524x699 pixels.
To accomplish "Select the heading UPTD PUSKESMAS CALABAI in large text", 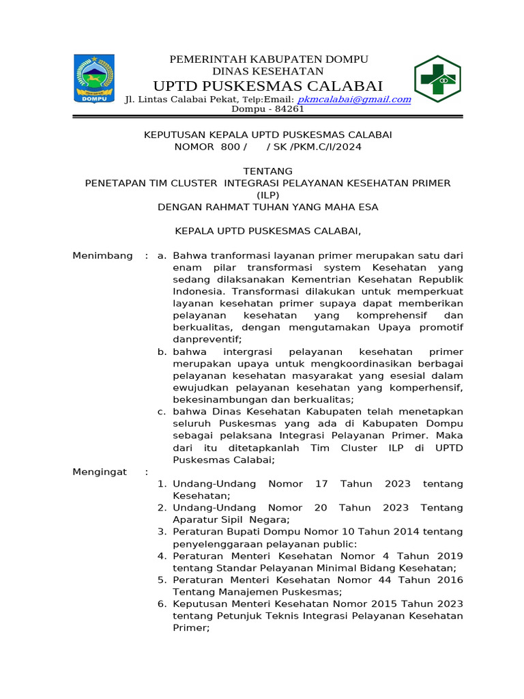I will (268, 85).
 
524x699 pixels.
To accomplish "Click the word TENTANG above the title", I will (267, 171).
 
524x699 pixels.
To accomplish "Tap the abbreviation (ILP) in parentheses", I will (267, 195).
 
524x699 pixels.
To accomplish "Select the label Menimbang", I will (102, 255).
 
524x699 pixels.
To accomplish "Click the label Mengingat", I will (100, 472).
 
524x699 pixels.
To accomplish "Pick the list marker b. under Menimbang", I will (162, 352).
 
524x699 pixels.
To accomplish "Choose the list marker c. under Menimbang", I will (162, 412).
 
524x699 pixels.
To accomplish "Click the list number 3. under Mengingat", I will (162, 532).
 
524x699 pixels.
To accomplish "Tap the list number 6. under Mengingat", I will (162, 604).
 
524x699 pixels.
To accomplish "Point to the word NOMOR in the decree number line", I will (193, 147).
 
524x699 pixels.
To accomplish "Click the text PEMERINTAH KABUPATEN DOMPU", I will (268, 59).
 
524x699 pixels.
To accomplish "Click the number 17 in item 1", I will (321, 484).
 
